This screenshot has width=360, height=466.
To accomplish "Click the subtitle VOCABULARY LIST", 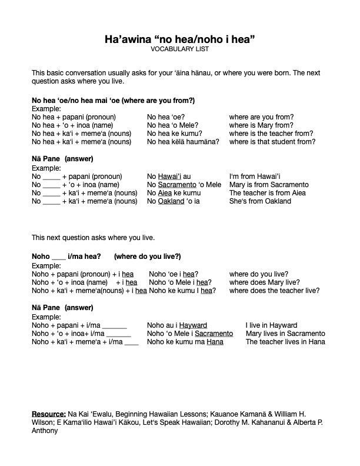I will coord(179,49).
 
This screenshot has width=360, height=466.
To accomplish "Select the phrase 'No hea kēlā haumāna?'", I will coord(183,142).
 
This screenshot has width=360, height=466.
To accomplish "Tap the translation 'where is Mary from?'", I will coord(261,125).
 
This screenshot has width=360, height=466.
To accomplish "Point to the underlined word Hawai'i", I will coord(169,177).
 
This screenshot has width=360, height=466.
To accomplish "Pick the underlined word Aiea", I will coord(165,193).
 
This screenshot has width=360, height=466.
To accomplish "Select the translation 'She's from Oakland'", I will coord(260,201).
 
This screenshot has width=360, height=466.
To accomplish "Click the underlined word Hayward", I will coord(193,325).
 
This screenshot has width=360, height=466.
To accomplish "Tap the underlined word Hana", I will coord(215,342).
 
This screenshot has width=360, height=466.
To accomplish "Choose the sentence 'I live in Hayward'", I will coord(271,325).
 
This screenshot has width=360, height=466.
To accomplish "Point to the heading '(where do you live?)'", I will coord(147,257).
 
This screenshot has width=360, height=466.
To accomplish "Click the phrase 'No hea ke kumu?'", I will coord(173,134).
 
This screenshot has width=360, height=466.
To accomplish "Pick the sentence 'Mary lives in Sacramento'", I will coord(285,334).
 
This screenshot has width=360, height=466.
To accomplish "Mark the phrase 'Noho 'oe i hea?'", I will coord(174,274).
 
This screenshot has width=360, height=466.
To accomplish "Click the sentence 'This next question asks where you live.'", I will coord(94,238).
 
